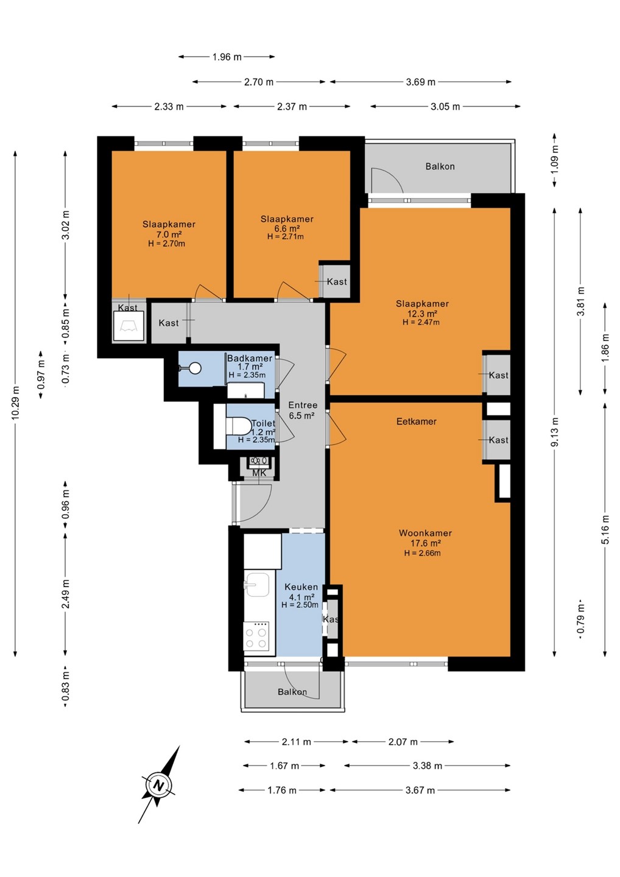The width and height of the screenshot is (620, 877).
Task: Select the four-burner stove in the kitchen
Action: point(256,636)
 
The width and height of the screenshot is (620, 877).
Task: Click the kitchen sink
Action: point(256,585)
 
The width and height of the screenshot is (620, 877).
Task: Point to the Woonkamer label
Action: point(425,533)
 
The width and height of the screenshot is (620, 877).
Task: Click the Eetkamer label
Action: point(417,421)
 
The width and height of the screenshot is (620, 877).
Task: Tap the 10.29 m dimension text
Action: point(15,403)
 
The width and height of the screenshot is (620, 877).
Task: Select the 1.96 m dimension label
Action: point(227,57)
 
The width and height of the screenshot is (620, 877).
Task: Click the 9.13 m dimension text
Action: point(555,432)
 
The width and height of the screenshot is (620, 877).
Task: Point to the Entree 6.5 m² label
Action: point(303,410)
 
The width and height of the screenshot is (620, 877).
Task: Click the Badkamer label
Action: point(250,358)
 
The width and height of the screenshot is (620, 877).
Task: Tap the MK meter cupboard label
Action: point(259,473)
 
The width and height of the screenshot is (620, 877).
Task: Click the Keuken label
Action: point(301,586)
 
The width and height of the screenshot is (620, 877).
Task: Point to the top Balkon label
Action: point(440,166)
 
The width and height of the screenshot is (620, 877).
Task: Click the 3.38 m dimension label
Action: point(428,766)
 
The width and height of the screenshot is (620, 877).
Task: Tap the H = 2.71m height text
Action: point(286,236)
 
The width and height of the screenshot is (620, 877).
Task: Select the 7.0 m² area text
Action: point(169,234)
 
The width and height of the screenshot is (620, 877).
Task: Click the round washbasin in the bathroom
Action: point(194,368)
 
